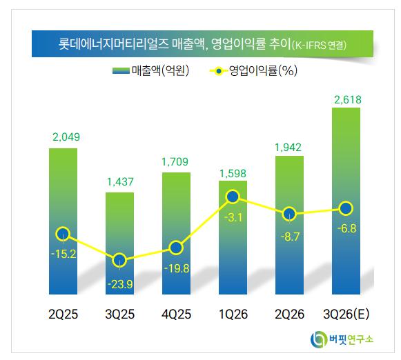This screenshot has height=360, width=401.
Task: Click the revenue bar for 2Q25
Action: click(x=63, y=221)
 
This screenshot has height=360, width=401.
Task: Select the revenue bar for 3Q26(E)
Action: click(x=346, y=201)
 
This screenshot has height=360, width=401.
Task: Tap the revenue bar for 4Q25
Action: click(x=176, y=233)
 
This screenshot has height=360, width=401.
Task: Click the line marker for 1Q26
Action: click(x=233, y=197)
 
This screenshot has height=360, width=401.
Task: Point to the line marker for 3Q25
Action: click(x=119, y=260)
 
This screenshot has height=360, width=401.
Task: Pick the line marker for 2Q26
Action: click(x=289, y=214)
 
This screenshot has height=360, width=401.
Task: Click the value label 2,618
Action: click(x=348, y=99)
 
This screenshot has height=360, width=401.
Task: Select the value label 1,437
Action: click(x=120, y=182)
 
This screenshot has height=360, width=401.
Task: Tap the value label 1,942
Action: click(x=288, y=148)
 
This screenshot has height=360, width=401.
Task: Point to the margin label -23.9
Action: click(x=120, y=284)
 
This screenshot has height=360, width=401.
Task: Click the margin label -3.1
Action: click(x=233, y=218)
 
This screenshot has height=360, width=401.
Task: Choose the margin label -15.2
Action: click(x=63, y=254)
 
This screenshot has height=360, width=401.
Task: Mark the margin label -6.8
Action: click(x=346, y=228)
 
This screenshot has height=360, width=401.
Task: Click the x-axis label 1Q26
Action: click(x=233, y=314)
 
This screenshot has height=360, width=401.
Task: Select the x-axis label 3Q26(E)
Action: click(x=346, y=314)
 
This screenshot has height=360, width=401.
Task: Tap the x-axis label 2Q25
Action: click(x=63, y=314)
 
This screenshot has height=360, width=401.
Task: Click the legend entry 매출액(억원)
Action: click(x=150, y=70)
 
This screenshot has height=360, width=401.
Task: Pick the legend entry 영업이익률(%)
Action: click(x=253, y=70)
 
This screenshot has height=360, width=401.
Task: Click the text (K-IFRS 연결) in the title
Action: click(x=319, y=46)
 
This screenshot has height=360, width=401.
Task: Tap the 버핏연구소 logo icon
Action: click(x=318, y=339)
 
